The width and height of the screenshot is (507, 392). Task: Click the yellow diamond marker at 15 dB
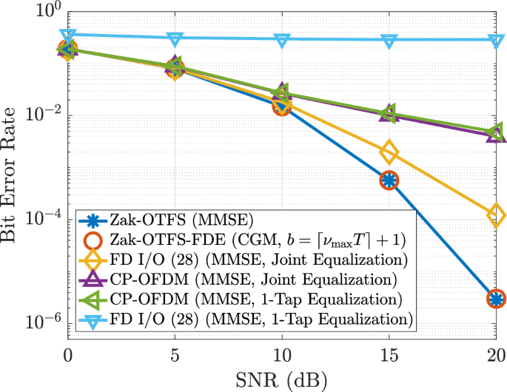click(x=389, y=152)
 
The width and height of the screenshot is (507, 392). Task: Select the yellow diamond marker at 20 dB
click(x=497, y=215)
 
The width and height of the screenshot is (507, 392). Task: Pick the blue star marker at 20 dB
click(x=497, y=299)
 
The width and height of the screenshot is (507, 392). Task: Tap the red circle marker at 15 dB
click(x=389, y=180)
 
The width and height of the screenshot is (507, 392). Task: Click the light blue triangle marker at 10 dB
click(x=281, y=40)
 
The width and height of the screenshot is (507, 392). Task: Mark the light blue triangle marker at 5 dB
click(x=175, y=38)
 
